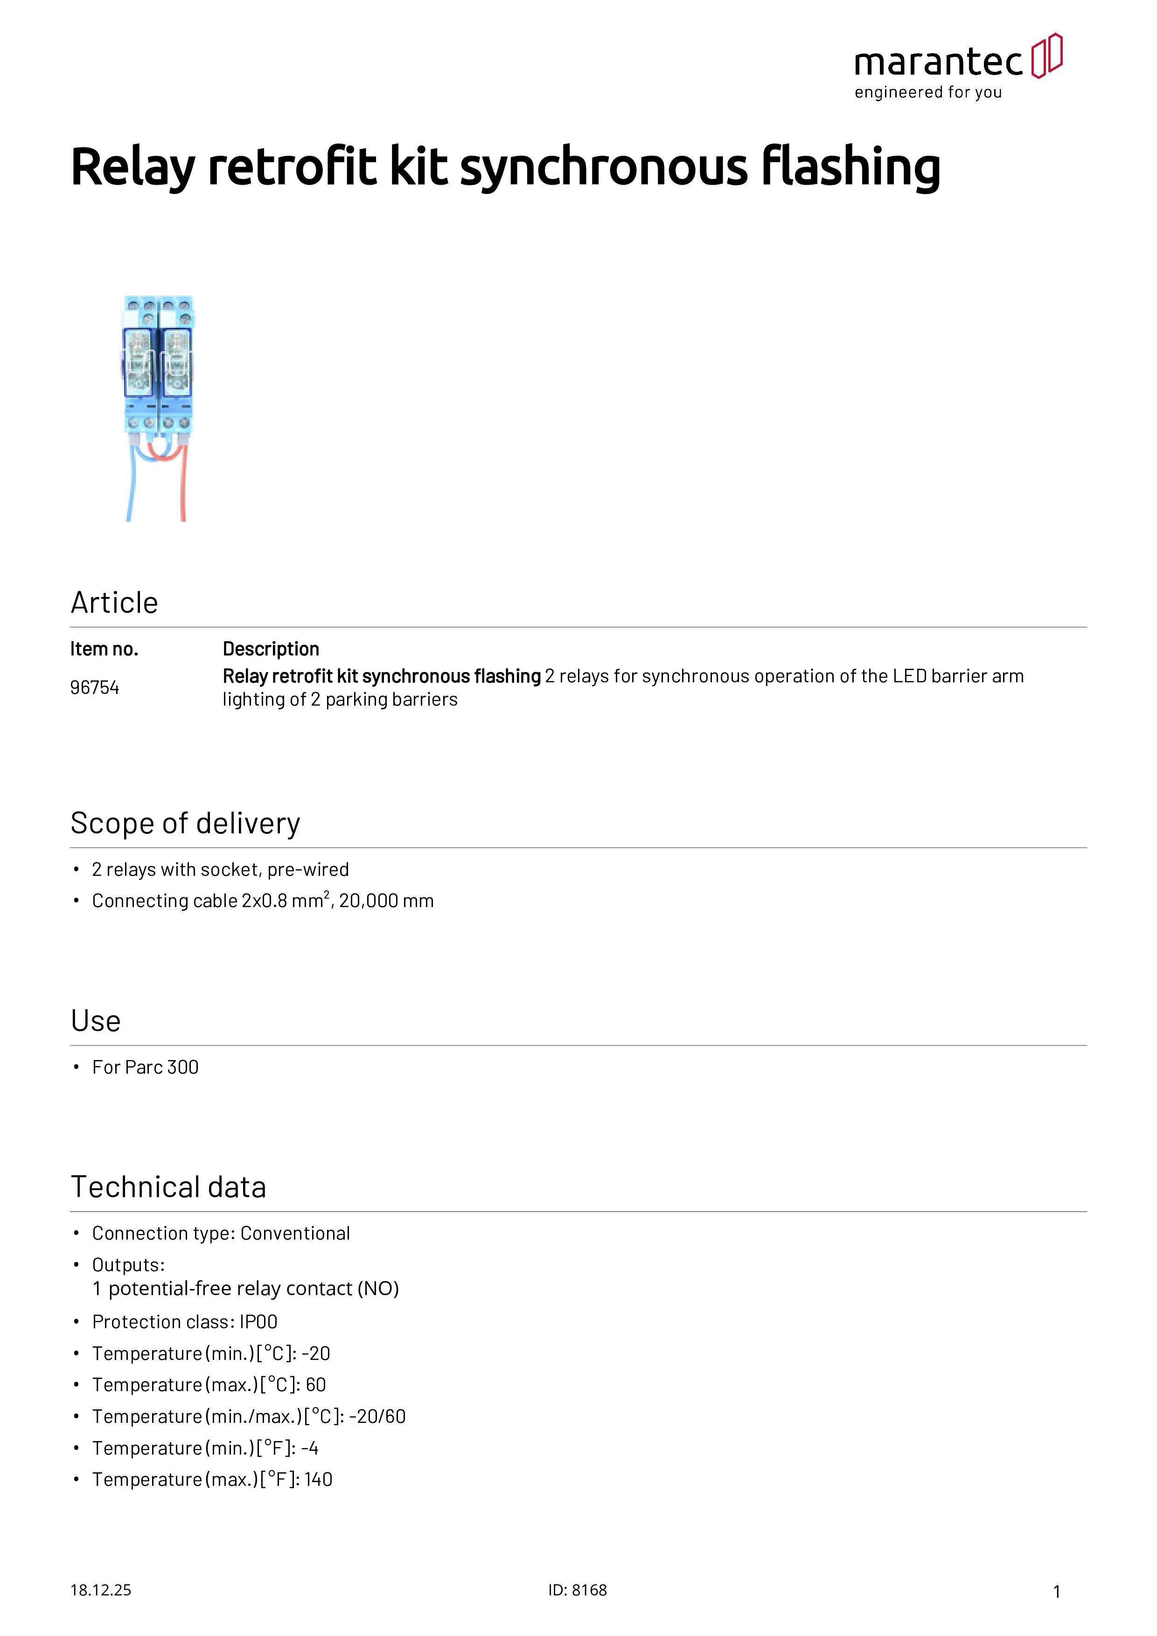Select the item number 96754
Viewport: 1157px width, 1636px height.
pos(94,687)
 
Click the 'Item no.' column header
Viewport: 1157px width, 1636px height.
pos(104,649)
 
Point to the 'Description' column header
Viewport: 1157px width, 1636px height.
pos(271,649)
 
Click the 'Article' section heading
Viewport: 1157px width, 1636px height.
pos(114,603)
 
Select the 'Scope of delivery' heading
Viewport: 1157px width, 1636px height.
pos(185,824)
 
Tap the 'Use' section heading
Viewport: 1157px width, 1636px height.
pos(96,1021)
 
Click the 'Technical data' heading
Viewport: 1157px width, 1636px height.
pos(168,1187)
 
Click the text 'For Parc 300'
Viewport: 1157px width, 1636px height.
pos(146,1068)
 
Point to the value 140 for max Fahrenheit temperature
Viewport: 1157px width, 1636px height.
pos(319,1480)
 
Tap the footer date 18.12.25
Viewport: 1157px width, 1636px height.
pos(100,1590)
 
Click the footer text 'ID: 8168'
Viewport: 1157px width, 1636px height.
pos(578,1590)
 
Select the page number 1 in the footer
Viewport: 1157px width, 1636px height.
pos(1057,1592)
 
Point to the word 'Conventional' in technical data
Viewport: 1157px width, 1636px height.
pos(295,1234)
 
